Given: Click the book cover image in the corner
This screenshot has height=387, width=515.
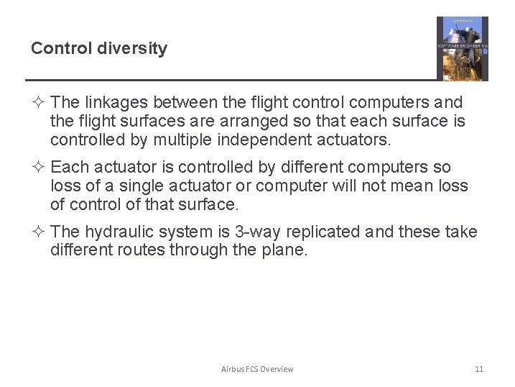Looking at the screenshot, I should (x=462, y=48).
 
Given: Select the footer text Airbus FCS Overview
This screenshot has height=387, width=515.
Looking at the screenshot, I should (x=257, y=369).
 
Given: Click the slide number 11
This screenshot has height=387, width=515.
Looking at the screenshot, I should (x=479, y=369).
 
